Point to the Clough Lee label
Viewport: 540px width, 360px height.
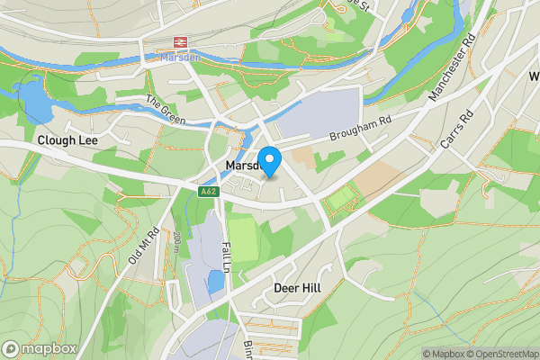point(67,140)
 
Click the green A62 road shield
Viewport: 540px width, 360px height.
point(209,192)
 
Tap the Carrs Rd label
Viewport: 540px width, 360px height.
point(455,130)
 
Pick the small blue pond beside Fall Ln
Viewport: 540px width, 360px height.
point(216,283)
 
